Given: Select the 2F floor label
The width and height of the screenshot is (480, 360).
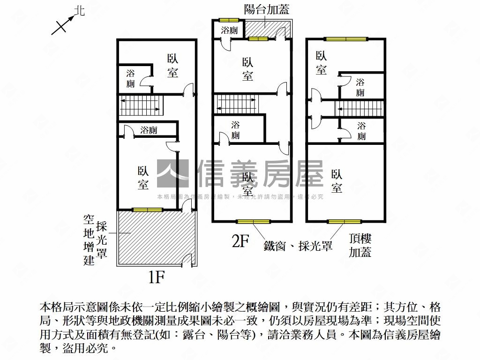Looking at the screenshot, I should [x=240, y=241].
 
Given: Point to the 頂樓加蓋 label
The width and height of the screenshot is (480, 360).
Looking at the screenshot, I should [x=360, y=245].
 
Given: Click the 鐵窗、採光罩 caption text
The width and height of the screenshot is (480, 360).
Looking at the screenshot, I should [x=298, y=245].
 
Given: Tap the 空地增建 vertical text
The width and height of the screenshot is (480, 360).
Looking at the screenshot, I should [x=89, y=240].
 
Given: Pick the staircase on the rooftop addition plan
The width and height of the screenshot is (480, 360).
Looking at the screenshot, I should [x=359, y=108].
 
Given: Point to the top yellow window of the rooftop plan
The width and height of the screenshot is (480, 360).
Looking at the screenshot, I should [x=345, y=39].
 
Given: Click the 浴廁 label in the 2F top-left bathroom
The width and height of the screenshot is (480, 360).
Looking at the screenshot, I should [x=229, y=30].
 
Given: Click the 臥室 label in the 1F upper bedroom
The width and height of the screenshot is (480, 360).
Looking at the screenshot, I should [x=172, y=66].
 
